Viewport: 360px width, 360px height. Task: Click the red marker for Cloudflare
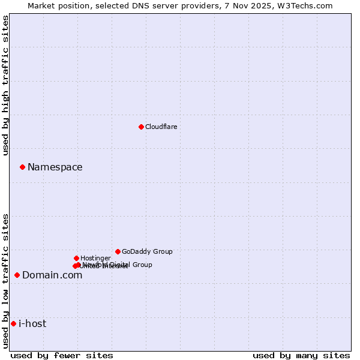tap(141, 127)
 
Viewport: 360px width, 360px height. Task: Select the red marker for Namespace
tap(22, 167)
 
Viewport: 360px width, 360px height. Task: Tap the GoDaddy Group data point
tap(118, 251)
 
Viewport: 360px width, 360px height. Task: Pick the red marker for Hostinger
tap(76, 258)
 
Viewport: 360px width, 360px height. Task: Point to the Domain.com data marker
tap(17, 275)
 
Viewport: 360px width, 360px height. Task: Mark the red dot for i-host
tap(13, 323)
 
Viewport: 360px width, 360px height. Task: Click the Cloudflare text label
tap(161, 127)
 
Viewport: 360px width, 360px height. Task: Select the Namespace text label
tap(55, 167)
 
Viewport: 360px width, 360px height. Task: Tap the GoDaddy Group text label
tap(147, 251)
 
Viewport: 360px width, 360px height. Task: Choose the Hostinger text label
tap(95, 258)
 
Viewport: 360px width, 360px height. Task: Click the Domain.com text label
tap(52, 275)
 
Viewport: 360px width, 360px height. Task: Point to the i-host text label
tap(32, 323)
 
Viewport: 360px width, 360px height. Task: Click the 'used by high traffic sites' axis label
tap(5, 85)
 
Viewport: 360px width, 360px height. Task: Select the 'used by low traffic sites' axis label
tap(5, 280)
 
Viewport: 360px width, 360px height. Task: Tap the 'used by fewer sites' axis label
tap(62, 355)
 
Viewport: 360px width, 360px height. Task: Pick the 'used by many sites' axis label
tap(301, 355)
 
